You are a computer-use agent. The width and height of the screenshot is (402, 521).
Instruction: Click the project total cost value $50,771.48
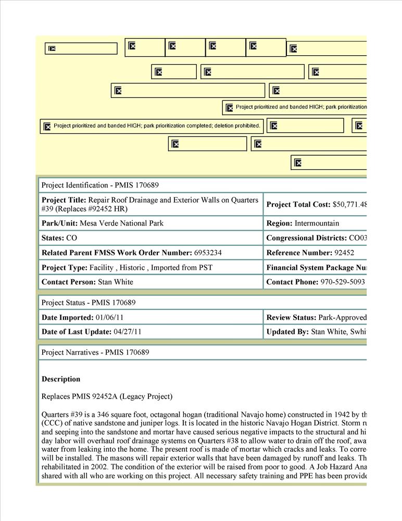tap(350, 205)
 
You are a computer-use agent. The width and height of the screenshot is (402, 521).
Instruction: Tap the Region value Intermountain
tap(317, 224)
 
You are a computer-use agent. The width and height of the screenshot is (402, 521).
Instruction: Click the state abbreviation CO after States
tap(72, 238)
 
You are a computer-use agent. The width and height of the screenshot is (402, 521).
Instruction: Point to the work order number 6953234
tap(208, 253)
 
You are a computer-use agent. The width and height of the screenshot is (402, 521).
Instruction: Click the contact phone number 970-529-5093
tap(343, 282)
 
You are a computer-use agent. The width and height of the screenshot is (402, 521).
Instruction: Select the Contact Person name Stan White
tap(116, 282)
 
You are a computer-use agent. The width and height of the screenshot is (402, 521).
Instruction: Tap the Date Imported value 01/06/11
tap(109, 317)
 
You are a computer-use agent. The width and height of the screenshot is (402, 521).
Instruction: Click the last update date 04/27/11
tap(128, 332)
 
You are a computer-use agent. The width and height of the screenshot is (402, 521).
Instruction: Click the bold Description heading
tap(61, 379)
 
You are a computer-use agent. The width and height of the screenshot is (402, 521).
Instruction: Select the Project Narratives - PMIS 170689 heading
tap(95, 352)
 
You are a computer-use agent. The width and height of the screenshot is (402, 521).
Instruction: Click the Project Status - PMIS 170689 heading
tap(89, 303)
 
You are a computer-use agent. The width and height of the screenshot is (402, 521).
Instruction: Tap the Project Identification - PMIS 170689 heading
tap(100, 185)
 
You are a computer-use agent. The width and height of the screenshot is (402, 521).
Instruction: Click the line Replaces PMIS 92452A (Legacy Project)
tap(107, 396)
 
